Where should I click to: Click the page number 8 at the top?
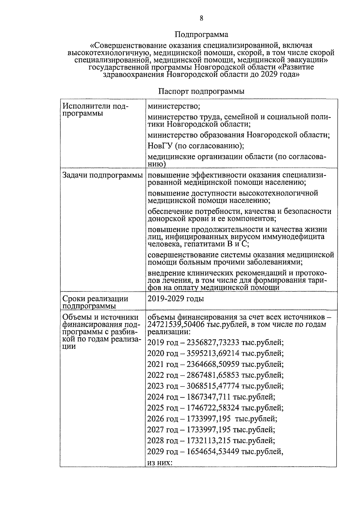click(201, 19)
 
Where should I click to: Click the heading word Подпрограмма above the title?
click(201, 35)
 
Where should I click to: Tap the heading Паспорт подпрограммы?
click(201, 91)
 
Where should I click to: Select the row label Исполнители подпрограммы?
click(95, 110)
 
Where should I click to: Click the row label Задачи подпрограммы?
click(102, 175)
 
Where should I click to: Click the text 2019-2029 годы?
click(176, 299)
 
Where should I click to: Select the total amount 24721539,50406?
click(176, 324)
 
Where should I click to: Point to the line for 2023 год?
click(215, 386)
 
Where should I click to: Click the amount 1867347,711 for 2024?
click(208, 397)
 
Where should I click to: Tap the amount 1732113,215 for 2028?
click(208, 441)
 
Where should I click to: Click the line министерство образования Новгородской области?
click(239, 135)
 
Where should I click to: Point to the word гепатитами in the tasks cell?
click(202, 244)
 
